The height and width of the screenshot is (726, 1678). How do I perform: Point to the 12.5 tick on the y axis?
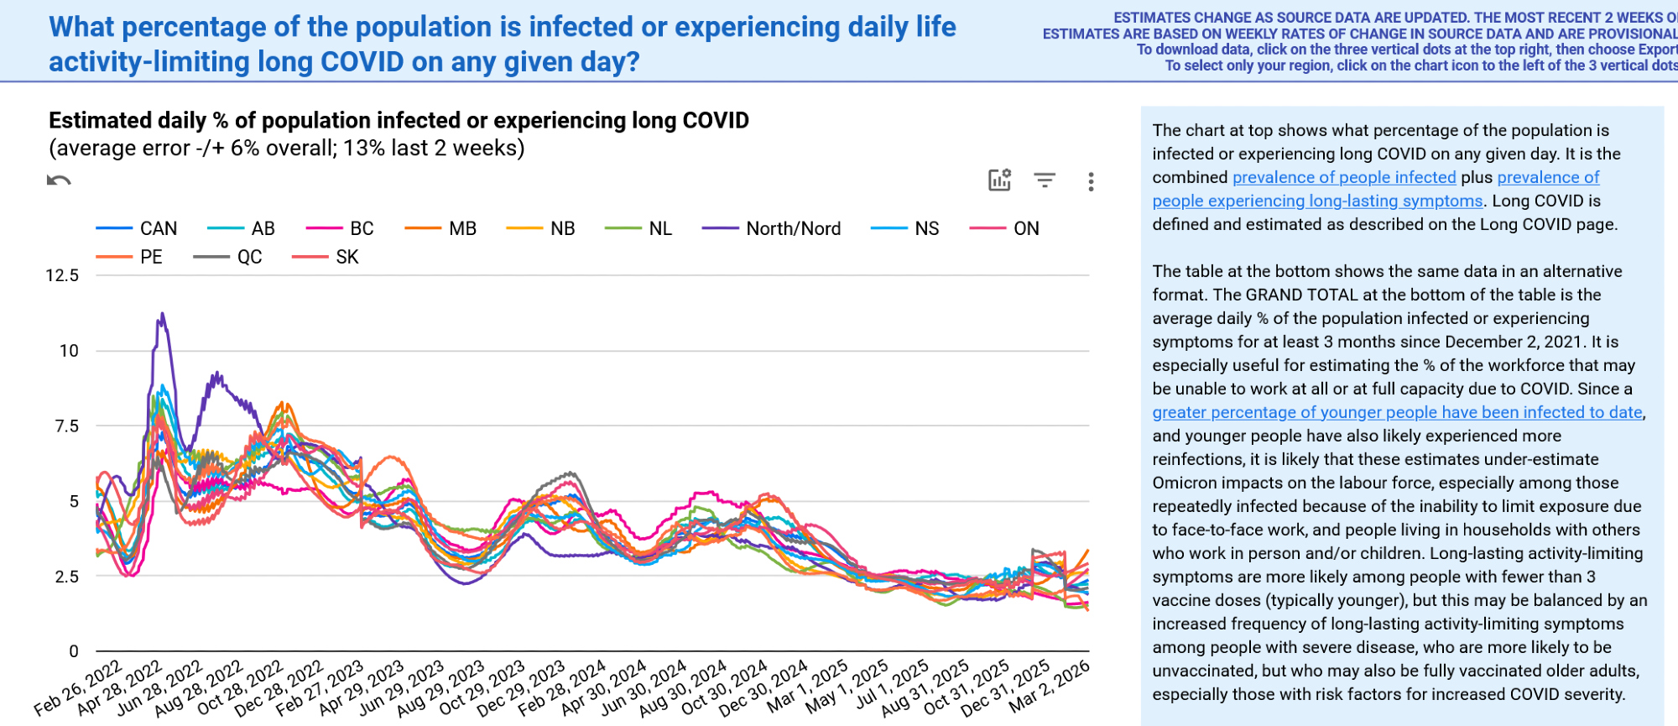(x=62, y=275)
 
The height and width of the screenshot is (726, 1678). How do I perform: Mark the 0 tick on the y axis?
(x=74, y=651)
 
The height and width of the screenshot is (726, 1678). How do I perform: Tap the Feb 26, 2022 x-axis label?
(x=79, y=689)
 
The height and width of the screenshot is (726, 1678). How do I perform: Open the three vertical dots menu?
(x=1091, y=181)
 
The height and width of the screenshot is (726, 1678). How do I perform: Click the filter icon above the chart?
(x=1045, y=180)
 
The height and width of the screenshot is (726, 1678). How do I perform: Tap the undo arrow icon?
(x=59, y=180)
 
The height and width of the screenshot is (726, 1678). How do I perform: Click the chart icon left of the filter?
(x=999, y=180)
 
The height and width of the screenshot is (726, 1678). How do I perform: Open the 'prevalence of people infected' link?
(x=1344, y=177)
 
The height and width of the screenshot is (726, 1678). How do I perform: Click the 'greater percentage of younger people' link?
(x=1397, y=412)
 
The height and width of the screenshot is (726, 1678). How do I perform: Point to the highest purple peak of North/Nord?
(x=162, y=315)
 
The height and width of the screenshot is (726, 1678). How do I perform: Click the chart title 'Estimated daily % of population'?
(x=399, y=121)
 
